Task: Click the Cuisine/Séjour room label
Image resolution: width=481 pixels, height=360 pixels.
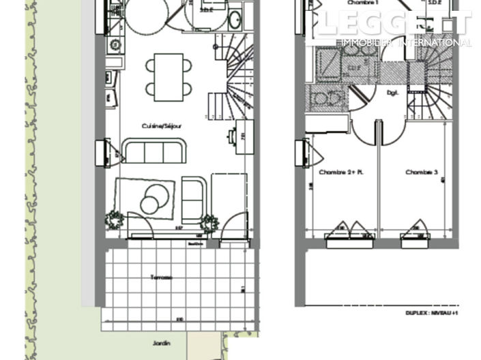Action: point(161,126)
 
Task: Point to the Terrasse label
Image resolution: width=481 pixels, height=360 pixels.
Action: point(162,277)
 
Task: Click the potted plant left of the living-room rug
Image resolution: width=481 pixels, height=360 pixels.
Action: point(114,220)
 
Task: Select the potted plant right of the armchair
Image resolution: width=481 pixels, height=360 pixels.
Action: point(209,222)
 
